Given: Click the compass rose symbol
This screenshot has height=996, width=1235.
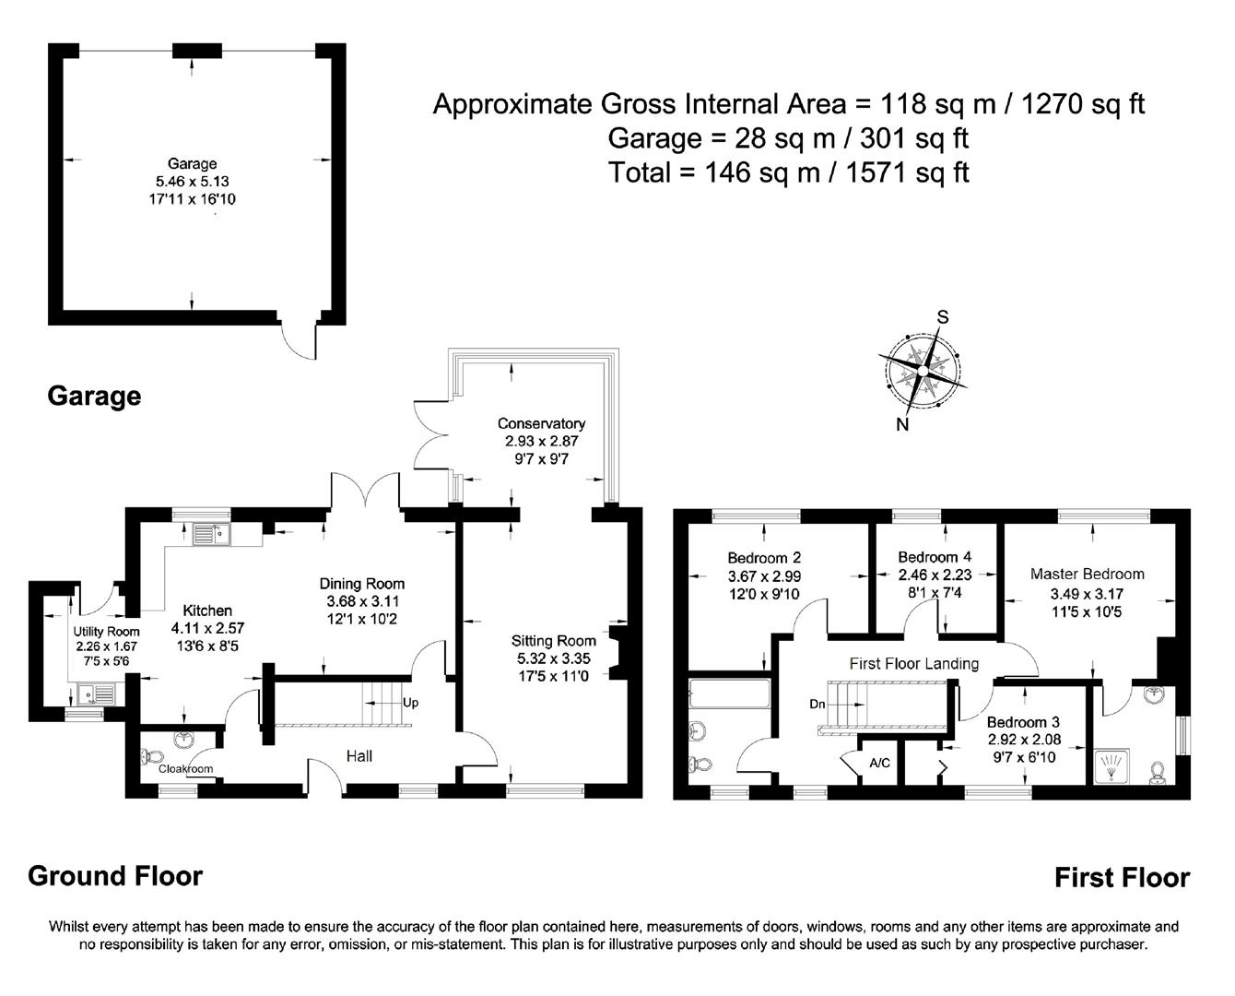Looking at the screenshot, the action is (923, 372).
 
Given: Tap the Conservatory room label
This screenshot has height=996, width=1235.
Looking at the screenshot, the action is (541, 423).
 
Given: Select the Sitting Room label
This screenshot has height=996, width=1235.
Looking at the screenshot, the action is (554, 640).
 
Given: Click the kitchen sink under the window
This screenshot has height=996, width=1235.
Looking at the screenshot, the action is (212, 534).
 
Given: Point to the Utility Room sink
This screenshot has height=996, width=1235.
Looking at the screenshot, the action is (91, 694).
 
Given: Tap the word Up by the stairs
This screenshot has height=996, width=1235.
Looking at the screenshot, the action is (410, 703).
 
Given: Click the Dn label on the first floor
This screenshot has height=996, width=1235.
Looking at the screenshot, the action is (817, 704).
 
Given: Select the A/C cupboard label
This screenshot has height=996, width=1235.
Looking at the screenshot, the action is (880, 763).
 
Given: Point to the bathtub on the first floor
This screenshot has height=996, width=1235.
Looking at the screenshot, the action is (729, 694).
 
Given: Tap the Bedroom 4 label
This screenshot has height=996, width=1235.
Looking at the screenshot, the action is (935, 557).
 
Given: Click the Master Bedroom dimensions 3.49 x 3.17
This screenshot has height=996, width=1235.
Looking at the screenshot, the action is (1087, 593).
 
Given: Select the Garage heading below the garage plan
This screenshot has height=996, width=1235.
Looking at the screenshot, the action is (94, 397).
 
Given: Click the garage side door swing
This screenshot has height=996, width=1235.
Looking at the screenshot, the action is (299, 342).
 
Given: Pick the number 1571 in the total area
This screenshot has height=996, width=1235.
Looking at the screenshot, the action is (876, 172).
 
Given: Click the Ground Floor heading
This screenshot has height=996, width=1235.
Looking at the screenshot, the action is (115, 876).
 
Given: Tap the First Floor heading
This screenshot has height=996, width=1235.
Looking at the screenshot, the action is (1122, 878).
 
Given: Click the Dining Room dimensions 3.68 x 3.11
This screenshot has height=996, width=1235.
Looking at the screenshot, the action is (363, 601).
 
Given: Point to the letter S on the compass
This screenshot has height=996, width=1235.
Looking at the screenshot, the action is (942, 316).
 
